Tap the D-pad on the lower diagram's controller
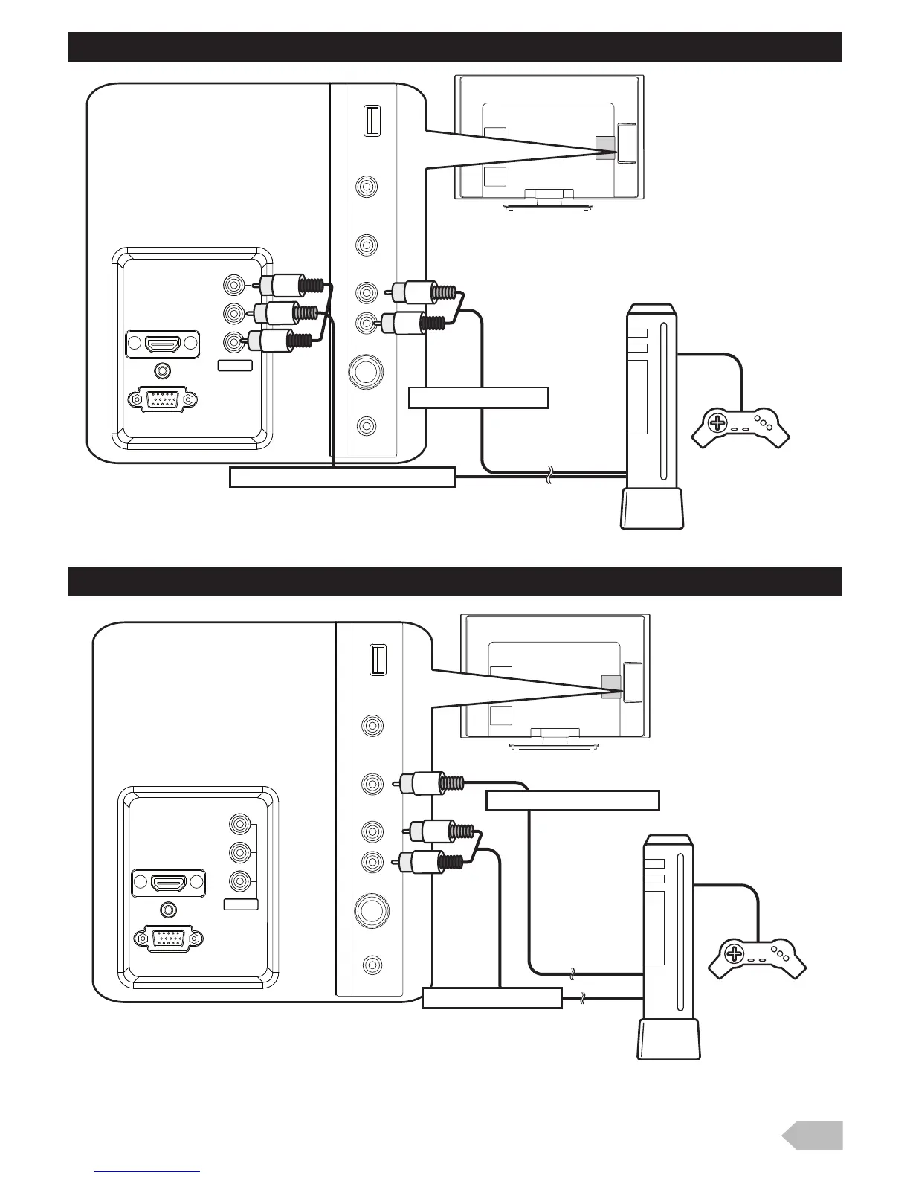(x=734, y=954)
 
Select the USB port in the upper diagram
(x=371, y=121)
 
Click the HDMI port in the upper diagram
(x=162, y=345)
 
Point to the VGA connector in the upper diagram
(x=163, y=399)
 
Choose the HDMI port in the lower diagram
(x=168, y=883)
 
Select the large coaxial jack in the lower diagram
(x=371, y=908)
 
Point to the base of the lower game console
(x=668, y=1040)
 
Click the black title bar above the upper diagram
(x=454, y=47)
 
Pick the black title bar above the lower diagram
(x=454, y=582)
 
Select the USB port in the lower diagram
(x=377, y=659)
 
